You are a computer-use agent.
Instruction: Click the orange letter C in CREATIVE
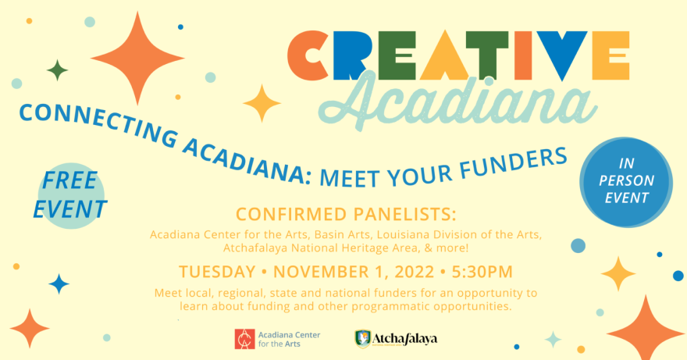click(x=307, y=55)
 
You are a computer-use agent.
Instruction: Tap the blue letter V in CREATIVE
click(x=561, y=55)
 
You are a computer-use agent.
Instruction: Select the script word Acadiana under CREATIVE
click(x=457, y=101)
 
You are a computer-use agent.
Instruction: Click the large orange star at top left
click(x=137, y=58)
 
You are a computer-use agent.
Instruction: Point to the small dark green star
click(x=58, y=70)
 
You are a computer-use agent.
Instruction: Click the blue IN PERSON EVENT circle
click(x=626, y=182)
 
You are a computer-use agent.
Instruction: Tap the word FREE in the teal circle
click(x=69, y=180)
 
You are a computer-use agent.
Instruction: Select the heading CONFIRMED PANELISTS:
click(x=346, y=215)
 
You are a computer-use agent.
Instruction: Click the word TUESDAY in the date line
click(x=217, y=272)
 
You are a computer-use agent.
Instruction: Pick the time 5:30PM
click(x=482, y=272)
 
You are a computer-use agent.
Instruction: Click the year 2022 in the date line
click(x=414, y=272)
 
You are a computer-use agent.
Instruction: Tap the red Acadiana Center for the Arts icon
click(x=244, y=339)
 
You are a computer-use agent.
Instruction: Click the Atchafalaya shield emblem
click(x=362, y=339)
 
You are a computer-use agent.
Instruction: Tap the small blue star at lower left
click(x=59, y=283)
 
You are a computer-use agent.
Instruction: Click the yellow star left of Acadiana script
click(x=262, y=104)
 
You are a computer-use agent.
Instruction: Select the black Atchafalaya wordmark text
click(x=405, y=338)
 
